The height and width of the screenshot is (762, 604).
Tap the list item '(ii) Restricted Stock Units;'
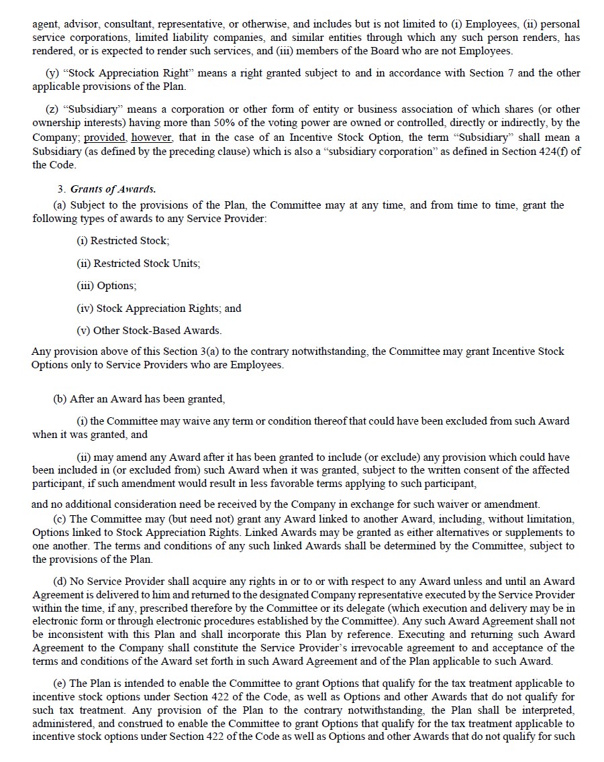[138, 263]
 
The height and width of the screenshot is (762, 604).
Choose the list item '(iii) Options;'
[107, 286]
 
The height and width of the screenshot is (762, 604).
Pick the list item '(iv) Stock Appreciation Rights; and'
[159, 309]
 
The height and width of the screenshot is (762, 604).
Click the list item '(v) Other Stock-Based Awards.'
[149, 331]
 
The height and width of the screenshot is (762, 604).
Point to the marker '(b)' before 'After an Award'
[60, 399]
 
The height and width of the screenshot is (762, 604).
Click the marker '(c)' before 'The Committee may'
[60, 519]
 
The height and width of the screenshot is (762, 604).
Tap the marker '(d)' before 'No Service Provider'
[60, 582]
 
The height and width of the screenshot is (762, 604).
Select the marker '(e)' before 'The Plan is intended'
[60, 684]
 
